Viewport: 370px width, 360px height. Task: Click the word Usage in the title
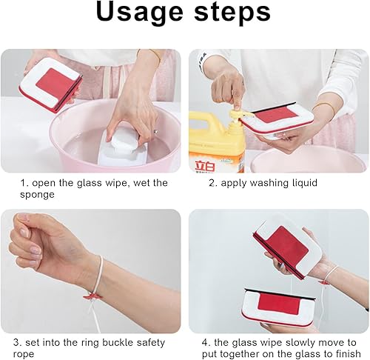click(140, 13)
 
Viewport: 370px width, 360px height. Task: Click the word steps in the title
click(232, 12)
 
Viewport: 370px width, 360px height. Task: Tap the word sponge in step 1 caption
click(37, 195)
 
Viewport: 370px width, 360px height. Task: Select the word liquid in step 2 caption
click(303, 183)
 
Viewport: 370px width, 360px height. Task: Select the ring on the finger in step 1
click(156, 132)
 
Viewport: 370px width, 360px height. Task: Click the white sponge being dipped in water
click(123, 143)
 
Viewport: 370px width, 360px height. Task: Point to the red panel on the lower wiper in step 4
click(279, 304)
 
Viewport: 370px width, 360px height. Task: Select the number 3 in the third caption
click(16, 342)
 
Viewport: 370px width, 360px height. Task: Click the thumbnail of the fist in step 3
click(24, 233)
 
